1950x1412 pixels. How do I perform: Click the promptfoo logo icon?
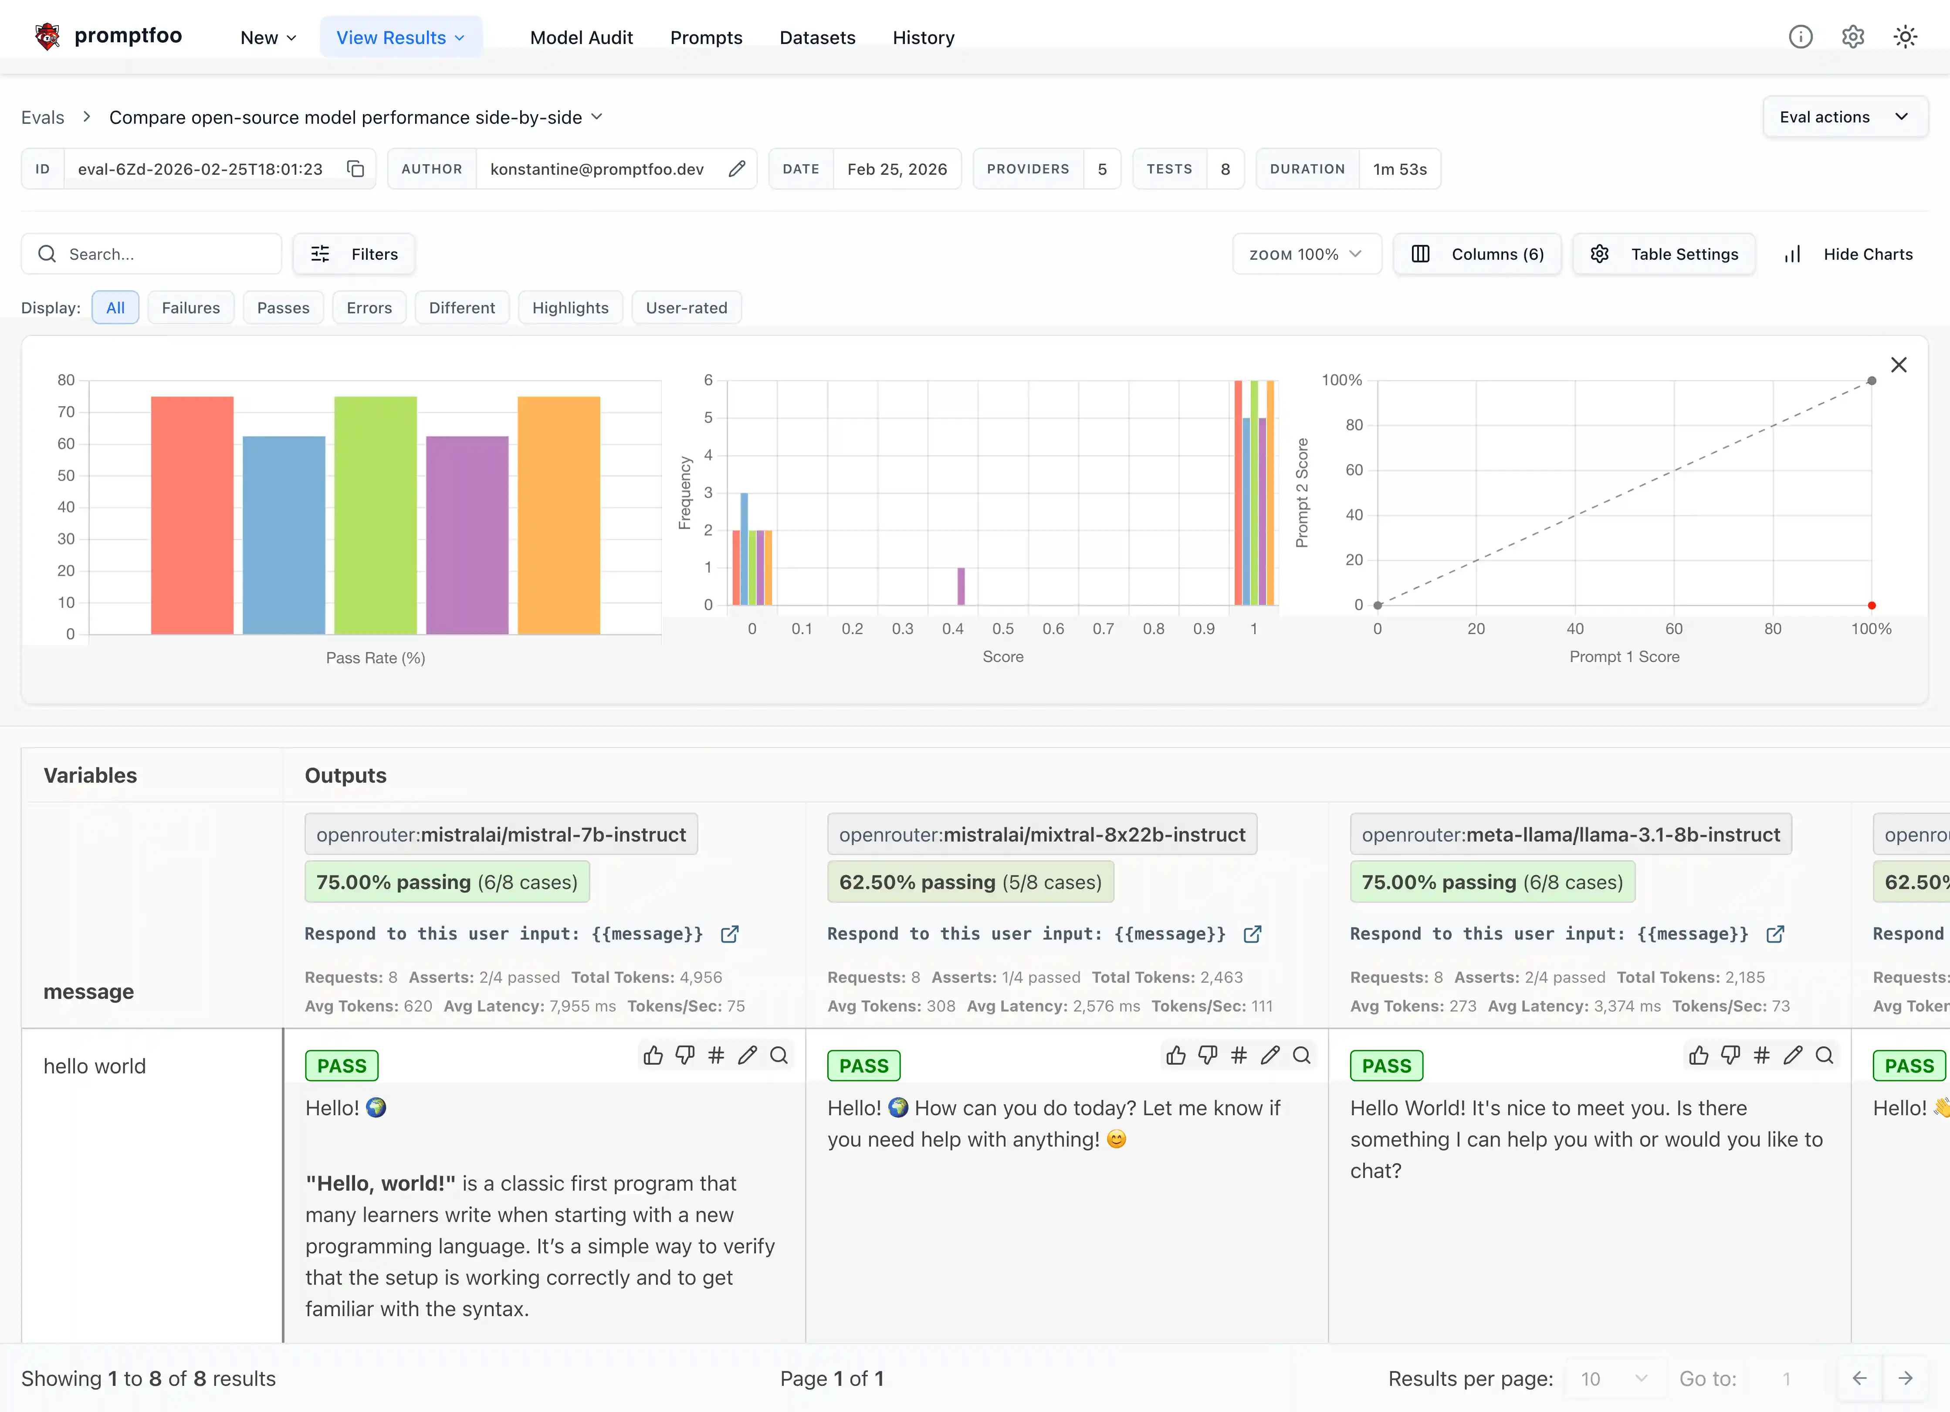[47, 36]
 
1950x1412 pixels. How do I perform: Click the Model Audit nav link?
[581, 37]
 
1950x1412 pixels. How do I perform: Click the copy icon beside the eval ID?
[355, 169]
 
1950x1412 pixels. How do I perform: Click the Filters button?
[354, 254]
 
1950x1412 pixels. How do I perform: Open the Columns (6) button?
[1477, 254]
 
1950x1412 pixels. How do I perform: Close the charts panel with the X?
[1899, 365]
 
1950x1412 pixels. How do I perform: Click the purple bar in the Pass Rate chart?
[467, 535]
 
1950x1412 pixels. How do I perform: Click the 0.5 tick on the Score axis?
[1002, 628]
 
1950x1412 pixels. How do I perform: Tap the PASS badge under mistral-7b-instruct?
[341, 1066]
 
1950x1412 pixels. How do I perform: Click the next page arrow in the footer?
[1905, 1378]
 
